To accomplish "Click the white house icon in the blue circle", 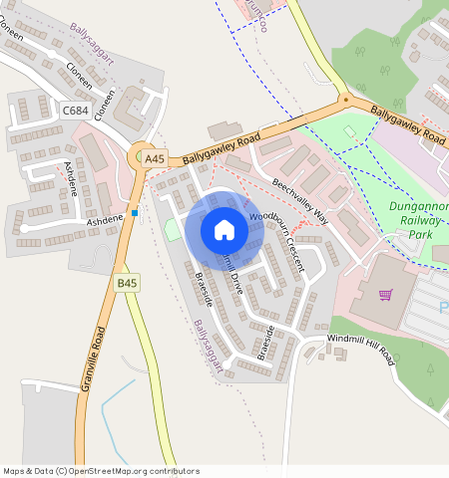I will point(224,230).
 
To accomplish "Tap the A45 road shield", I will point(154,158).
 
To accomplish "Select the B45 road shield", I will point(127,284).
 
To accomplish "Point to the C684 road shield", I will point(75,111).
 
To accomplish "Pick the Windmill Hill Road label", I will point(360,351).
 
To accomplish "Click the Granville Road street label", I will point(93,358).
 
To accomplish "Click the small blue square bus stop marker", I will point(135,212).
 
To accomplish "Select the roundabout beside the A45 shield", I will point(141,154).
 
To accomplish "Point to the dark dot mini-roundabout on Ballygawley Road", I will point(344,100).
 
